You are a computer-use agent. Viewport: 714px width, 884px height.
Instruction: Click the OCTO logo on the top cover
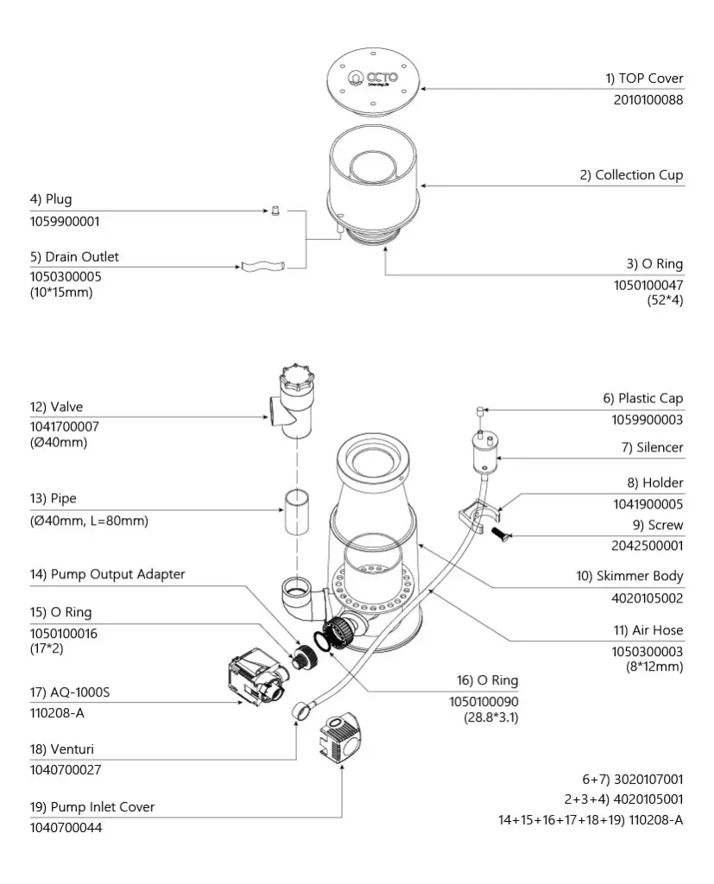[x=373, y=78]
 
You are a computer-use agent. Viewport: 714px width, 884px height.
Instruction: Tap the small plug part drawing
[x=275, y=212]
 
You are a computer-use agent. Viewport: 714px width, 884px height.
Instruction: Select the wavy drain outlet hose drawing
[x=262, y=266]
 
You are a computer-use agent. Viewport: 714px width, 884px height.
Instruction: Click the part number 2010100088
[x=648, y=100]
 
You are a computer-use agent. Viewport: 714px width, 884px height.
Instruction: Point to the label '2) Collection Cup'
[x=631, y=175]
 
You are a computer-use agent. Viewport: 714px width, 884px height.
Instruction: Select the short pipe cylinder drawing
[x=296, y=512]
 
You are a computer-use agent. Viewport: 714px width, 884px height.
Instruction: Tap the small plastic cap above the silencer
[x=480, y=411]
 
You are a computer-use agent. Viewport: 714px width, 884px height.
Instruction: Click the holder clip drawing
[x=478, y=516]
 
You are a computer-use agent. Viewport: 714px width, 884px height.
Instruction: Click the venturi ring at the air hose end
[x=300, y=710]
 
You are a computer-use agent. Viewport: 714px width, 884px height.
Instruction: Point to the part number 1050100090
[x=483, y=702]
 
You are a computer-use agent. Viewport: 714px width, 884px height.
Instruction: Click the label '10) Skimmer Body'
[x=629, y=576]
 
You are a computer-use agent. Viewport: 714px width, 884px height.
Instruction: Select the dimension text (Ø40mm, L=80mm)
[x=89, y=521]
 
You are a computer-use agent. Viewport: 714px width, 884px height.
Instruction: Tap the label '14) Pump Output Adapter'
[x=107, y=574]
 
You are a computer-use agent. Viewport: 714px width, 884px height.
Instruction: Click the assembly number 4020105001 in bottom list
[x=648, y=799]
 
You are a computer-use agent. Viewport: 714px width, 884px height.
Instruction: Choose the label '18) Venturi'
[x=62, y=749]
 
